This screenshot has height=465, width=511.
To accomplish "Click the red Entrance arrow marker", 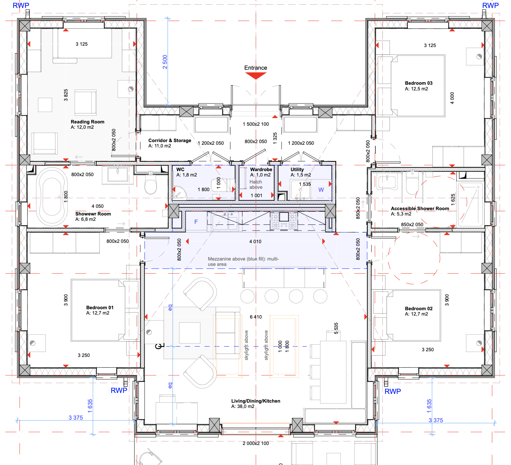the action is (x=255, y=76).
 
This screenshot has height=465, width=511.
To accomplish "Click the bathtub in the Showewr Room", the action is (x=52, y=196).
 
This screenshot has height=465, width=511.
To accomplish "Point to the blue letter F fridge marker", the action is (x=196, y=222).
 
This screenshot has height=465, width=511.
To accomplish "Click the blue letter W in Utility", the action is (x=321, y=189).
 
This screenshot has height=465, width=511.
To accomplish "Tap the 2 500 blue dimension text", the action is (x=165, y=62).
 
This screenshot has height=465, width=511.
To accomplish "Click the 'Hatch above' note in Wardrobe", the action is (x=256, y=184).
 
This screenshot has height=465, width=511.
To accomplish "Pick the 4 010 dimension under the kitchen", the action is (x=255, y=242).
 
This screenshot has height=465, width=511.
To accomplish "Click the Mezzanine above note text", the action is (x=243, y=262).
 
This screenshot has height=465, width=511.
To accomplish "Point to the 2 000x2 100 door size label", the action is (x=255, y=443).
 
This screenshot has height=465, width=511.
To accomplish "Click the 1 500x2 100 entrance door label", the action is (x=255, y=124).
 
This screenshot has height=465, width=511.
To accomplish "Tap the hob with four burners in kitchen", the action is (x=284, y=220).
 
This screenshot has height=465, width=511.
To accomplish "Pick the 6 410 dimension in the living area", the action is (x=255, y=317).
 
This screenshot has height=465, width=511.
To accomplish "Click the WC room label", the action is (x=180, y=169).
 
